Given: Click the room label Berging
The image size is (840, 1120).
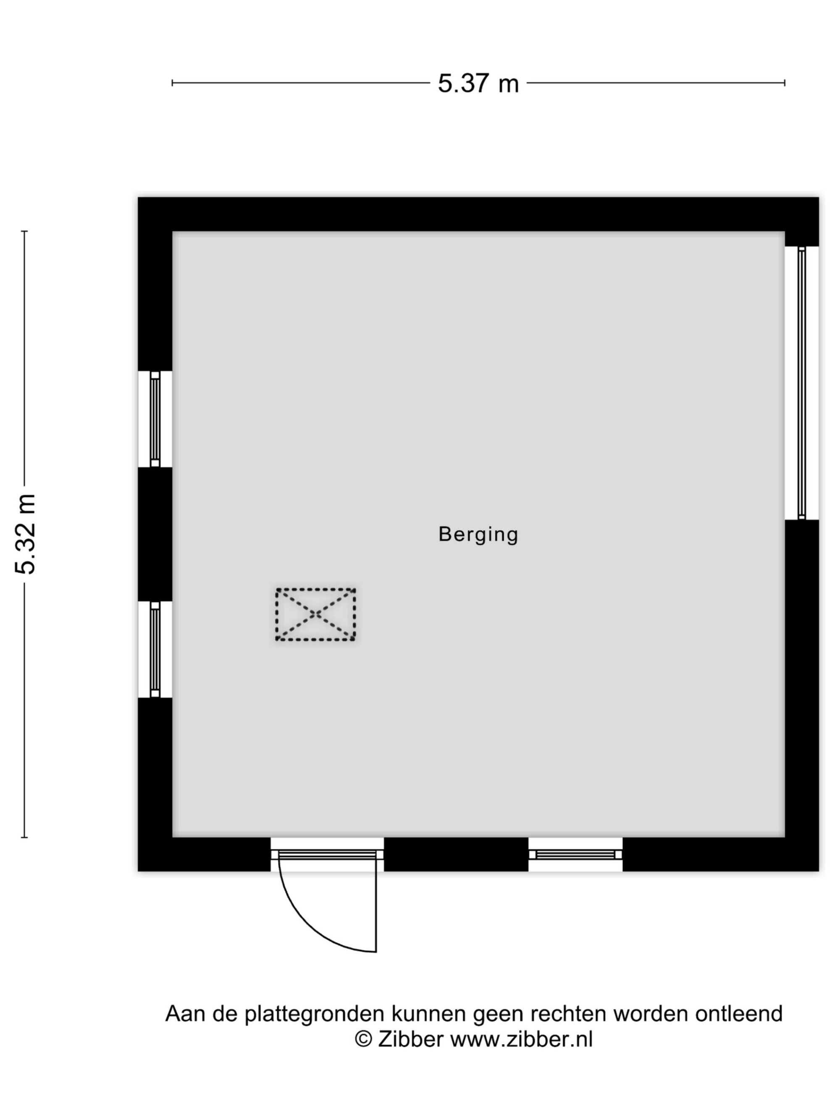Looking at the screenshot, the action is click(x=478, y=535).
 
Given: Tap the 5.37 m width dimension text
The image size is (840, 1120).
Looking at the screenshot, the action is click(x=478, y=83).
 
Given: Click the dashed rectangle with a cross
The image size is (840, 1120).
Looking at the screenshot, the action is click(x=315, y=614).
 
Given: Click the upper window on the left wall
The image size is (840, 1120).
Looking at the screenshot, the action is click(x=155, y=419).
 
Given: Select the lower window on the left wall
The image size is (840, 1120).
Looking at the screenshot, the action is click(x=155, y=650).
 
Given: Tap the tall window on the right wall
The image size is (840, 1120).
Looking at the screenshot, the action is click(x=801, y=383).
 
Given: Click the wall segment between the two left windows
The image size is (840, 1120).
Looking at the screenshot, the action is click(x=155, y=534).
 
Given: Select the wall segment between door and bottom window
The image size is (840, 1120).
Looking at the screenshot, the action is click(x=456, y=855).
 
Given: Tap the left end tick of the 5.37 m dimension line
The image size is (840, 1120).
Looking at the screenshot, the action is click(x=172, y=83).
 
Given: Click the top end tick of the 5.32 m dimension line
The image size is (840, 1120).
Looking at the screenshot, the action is click(x=24, y=231).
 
